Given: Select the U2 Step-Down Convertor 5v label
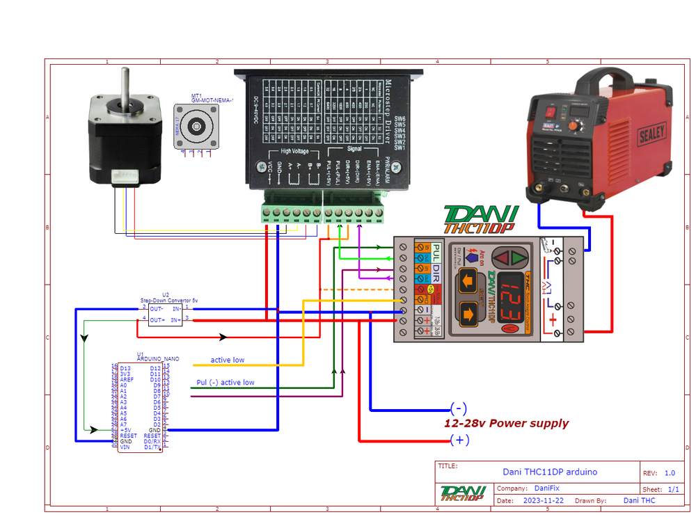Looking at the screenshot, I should (169, 297).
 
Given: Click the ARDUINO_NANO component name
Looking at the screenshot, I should (158, 359).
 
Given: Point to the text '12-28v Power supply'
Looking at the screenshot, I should (506, 423).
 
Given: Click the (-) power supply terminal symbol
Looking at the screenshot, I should (459, 408).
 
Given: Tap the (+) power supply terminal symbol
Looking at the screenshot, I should (459, 440).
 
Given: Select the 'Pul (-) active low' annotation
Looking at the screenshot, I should (226, 383).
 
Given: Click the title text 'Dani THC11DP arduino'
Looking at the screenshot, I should (550, 472).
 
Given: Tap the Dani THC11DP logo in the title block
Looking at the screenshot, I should (462, 493).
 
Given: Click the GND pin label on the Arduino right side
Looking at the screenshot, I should (155, 430).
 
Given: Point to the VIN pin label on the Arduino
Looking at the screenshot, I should (125, 447).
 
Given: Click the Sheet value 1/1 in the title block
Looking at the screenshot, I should (673, 489).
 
